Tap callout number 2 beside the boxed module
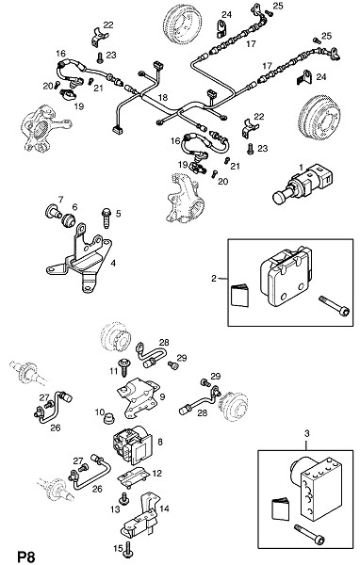(x=214, y=278)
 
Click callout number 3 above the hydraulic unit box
(x=306, y=433)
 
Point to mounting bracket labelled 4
(x=78, y=258)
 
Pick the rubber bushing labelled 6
(x=68, y=219)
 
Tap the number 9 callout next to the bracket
(x=162, y=396)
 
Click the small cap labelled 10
(x=109, y=420)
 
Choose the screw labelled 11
(x=124, y=366)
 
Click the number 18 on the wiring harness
(x=163, y=97)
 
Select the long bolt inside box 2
(x=335, y=305)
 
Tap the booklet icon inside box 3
(x=280, y=508)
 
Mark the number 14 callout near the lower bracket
(x=164, y=508)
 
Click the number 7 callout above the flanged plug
(x=60, y=199)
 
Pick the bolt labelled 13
(x=124, y=498)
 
